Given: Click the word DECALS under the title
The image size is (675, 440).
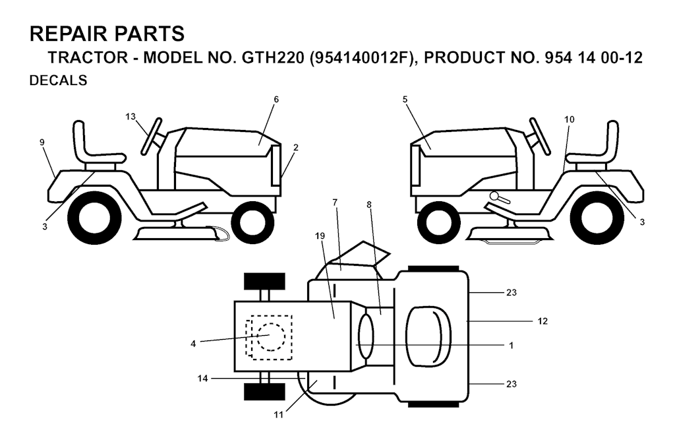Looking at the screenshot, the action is coord(58,80).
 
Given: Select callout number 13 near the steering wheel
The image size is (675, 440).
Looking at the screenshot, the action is coord(131,116).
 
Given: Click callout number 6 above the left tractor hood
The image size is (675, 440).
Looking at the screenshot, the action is coord(276,100).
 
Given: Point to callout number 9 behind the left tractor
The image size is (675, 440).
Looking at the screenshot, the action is coord(42,142).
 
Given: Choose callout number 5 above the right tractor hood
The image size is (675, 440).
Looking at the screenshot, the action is coord(405,100).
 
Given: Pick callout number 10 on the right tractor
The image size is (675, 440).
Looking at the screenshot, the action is coord(569,119).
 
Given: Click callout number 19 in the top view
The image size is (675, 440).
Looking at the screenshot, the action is coord(320,236).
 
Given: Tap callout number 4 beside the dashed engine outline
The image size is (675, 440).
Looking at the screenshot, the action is coord(193,344).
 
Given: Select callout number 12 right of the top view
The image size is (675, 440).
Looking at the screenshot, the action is coord(543,321).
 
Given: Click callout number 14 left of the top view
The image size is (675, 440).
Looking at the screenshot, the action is coord(203,379).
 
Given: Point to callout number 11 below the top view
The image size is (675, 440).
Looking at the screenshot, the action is coord(279,414).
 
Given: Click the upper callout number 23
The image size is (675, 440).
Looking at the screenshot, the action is coord(511,293).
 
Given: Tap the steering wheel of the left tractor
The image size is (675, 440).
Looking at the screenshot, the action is coord(152,135).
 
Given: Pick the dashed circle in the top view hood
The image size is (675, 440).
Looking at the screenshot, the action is coord(271,336).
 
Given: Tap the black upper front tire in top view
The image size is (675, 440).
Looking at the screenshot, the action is coord(264,282).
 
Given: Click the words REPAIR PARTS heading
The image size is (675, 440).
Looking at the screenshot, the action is coord(107,34).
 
